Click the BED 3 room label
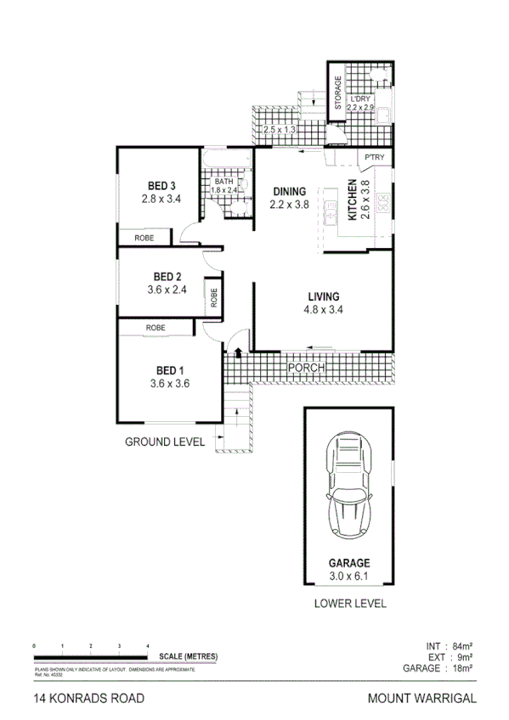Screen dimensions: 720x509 161,186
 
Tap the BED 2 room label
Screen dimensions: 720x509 167,276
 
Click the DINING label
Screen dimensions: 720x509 288,191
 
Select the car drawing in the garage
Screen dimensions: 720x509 348,487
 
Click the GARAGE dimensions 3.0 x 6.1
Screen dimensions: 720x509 349,577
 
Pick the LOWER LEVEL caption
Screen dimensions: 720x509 349,604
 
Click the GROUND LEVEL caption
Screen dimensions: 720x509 165,442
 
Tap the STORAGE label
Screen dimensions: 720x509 337,93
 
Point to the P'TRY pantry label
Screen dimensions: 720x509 374,158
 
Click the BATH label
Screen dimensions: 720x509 223,181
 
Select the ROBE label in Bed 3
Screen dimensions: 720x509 144,238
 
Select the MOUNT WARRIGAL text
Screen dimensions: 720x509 422,699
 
